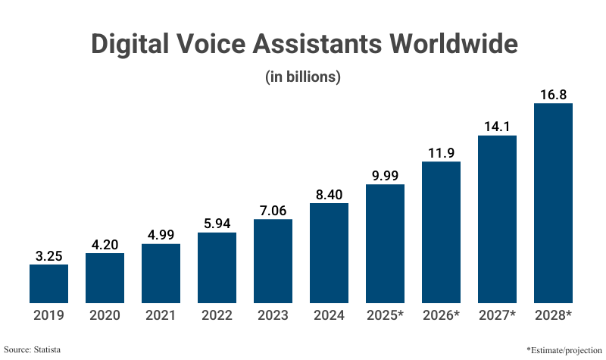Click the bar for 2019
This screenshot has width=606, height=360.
[x=48, y=283]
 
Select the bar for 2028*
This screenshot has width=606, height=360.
[x=553, y=202]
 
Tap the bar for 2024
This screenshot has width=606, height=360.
[x=329, y=252]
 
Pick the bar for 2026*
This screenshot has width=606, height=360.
[x=441, y=231]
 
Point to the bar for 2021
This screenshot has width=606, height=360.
[x=161, y=273]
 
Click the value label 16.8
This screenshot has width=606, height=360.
[x=553, y=95]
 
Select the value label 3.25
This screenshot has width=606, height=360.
[x=48, y=256]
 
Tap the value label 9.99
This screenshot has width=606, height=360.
[x=385, y=176]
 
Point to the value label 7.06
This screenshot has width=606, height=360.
[x=273, y=211]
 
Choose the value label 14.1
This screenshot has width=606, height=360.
[x=497, y=127]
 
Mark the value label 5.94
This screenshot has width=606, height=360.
[x=217, y=224]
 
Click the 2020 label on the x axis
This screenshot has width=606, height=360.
[x=105, y=315]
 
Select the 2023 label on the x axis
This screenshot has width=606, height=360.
[x=273, y=315]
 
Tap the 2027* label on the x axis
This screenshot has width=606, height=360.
[x=497, y=315]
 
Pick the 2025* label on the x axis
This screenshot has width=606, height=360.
[x=385, y=315]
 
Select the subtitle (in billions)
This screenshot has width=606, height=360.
[x=303, y=77]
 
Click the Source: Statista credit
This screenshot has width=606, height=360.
[x=32, y=349]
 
